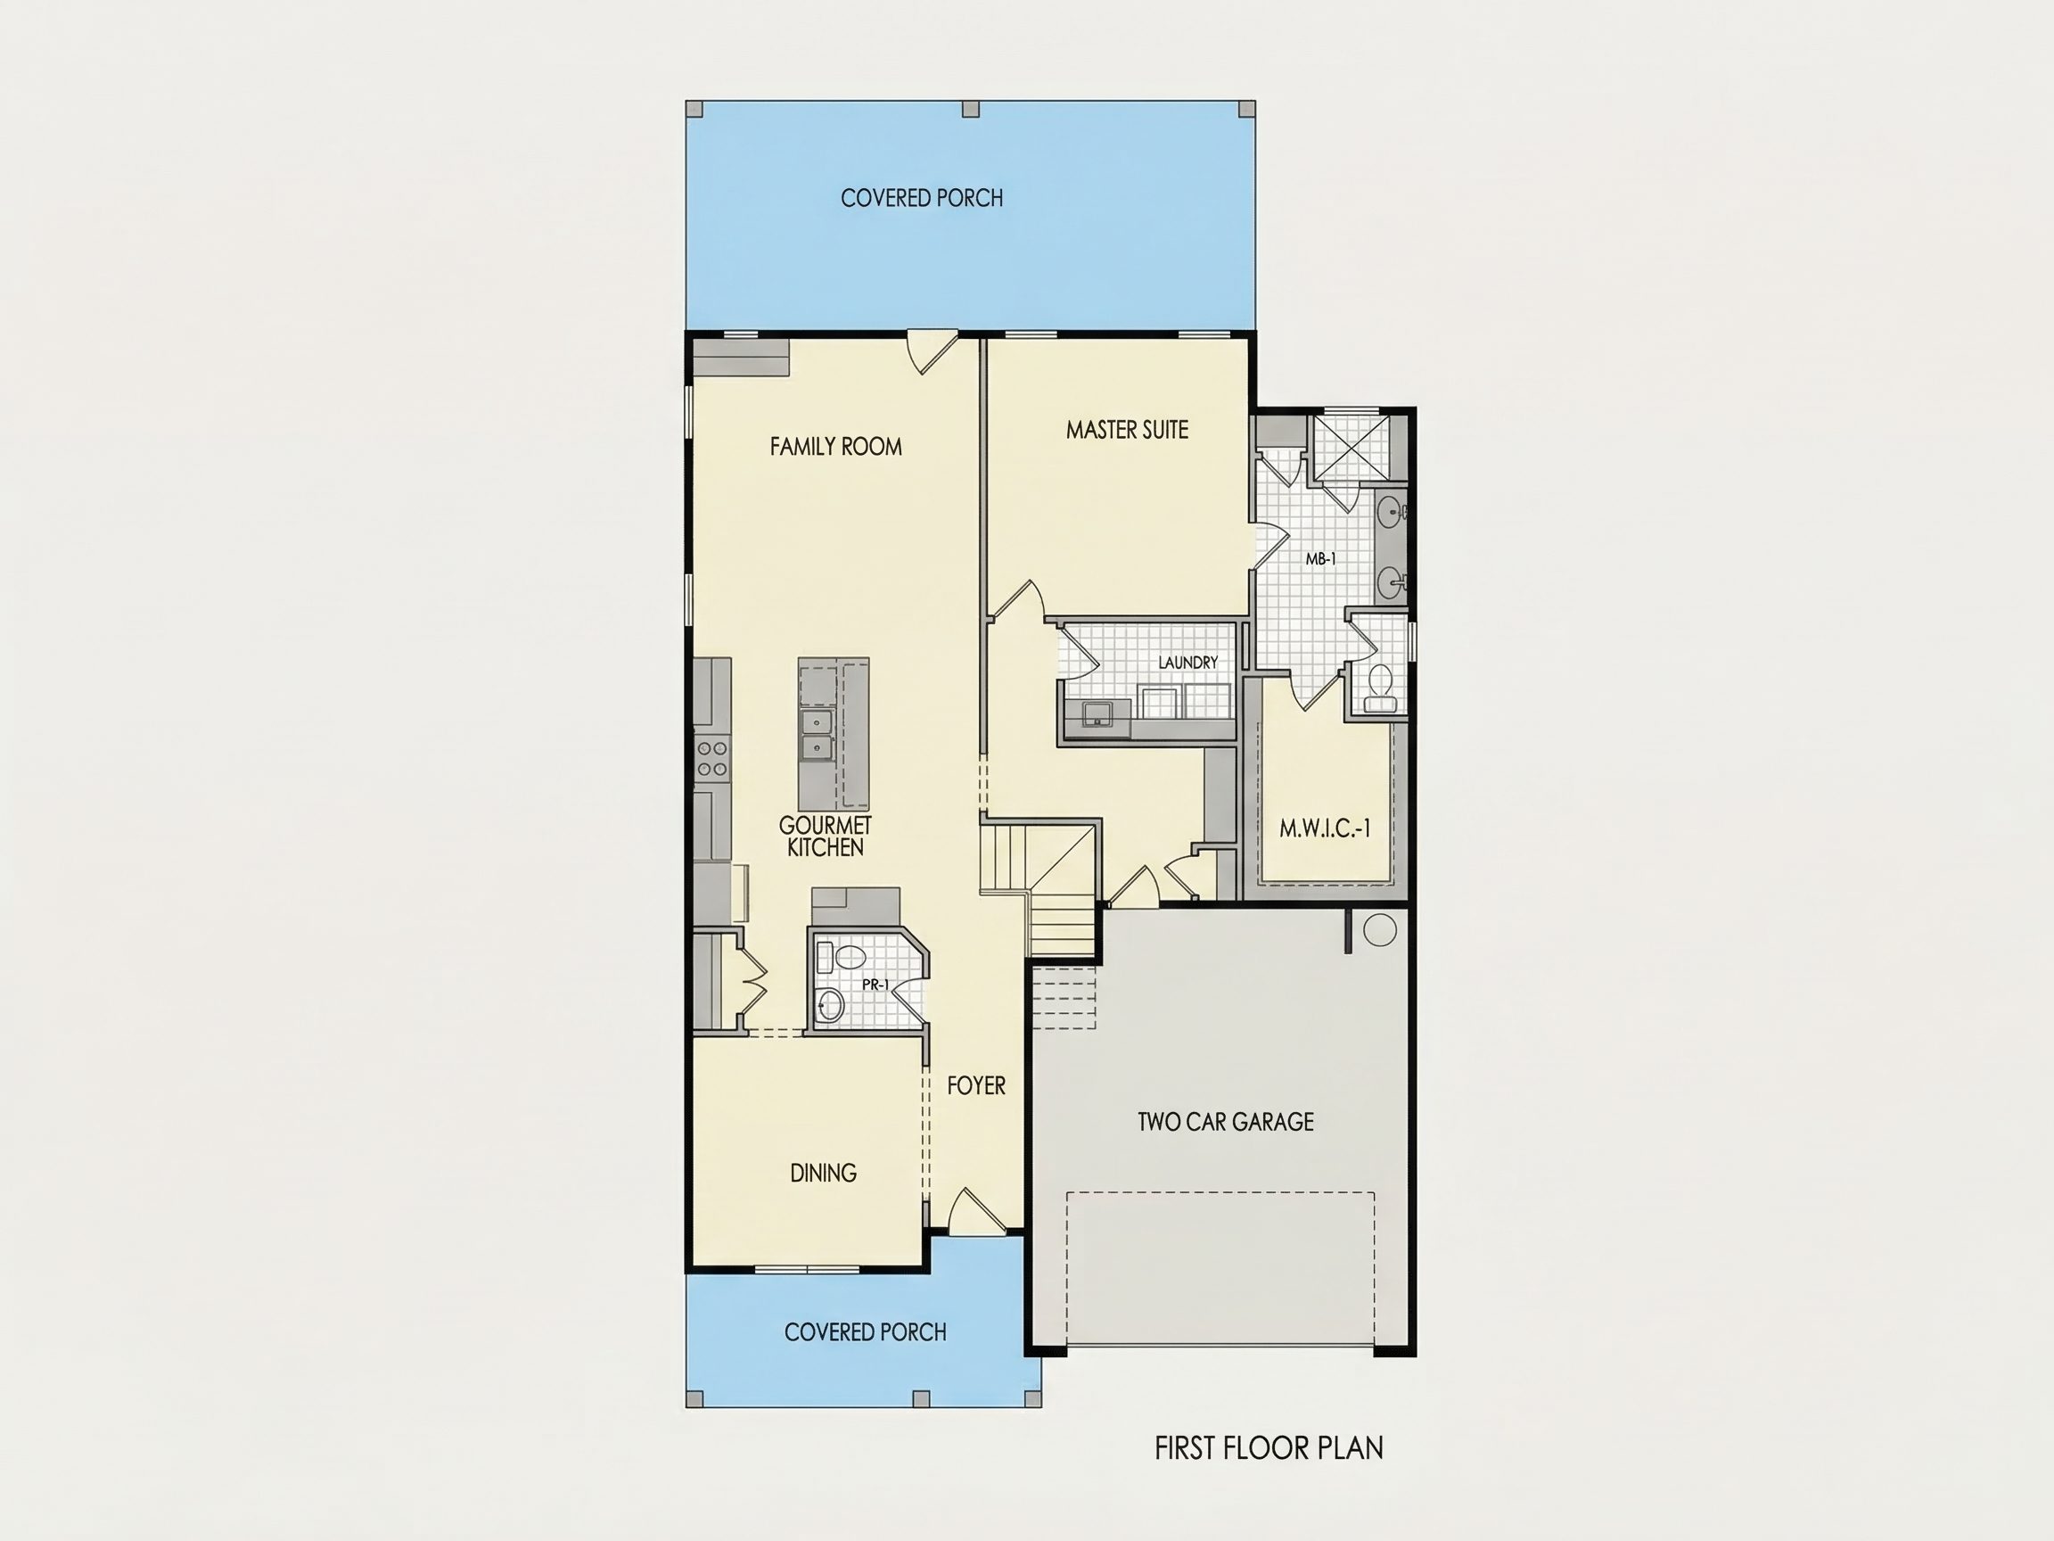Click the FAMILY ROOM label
tap(835, 447)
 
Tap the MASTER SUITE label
tap(1127, 430)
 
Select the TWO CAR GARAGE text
tap(1226, 1122)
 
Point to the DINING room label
tap(824, 1174)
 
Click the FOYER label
tap(976, 1086)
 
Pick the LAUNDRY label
tap(1187, 663)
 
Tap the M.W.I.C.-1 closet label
tap(1325, 829)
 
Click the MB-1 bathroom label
tap(1320, 559)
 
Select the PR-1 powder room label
tap(875, 985)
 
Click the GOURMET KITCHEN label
tap(826, 836)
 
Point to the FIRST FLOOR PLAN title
tap(1269, 1448)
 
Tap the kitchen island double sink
tap(817, 735)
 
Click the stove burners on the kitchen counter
tap(712, 757)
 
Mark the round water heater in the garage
tap(1380, 930)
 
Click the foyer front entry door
tap(977, 1212)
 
